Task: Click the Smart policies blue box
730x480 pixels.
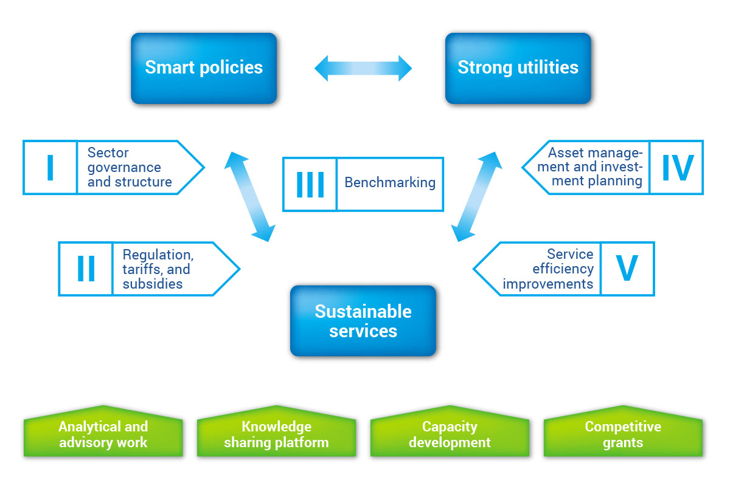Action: click(204, 68)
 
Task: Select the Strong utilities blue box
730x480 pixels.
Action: click(518, 68)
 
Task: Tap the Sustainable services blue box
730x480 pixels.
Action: click(363, 321)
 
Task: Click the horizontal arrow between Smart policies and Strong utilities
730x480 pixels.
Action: click(363, 68)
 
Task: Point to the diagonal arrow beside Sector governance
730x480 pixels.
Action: click(249, 196)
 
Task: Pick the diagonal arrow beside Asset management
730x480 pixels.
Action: click(476, 196)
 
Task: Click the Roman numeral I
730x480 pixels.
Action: click(50, 167)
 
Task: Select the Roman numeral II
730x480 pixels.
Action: click(86, 269)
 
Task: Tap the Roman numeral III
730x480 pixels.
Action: click(310, 185)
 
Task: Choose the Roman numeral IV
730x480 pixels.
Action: click(678, 167)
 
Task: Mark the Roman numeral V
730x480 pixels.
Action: click(627, 268)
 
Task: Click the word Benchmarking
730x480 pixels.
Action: click(390, 182)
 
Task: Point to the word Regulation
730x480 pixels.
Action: click(158, 255)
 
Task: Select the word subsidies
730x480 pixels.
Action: click(153, 284)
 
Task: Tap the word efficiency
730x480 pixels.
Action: click(563, 269)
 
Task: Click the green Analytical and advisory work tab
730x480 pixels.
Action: click(103, 431)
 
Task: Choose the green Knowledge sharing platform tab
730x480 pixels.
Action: click(276, 431)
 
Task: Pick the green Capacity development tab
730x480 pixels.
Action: click(450, 431)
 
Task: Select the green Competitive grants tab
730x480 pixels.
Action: click(623, 431)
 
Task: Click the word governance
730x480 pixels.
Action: click(124, 168)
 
